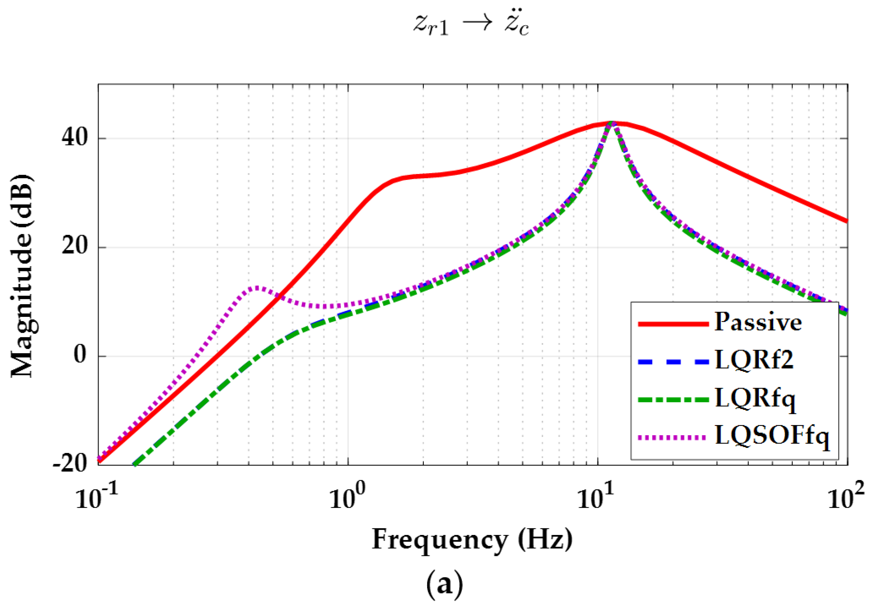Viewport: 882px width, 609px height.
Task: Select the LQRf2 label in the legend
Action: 754,360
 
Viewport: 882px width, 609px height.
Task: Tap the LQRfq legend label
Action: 756,399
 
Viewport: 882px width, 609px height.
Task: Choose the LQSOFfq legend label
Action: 772,436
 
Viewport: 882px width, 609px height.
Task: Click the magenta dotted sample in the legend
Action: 673,438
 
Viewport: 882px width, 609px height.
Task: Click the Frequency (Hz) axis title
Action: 472,540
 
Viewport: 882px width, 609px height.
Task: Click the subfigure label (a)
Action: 444,584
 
